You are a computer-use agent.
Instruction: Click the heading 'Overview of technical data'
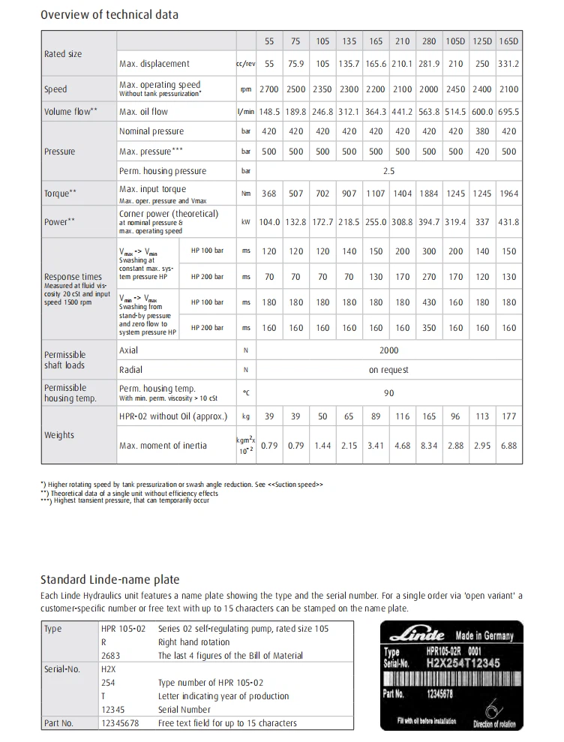pyautogui.click(x=109, y=14)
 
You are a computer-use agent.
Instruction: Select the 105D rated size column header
pyautogui.click(x=455, y=41)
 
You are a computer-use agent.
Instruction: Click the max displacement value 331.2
pyautogui.click(x=508, y=64)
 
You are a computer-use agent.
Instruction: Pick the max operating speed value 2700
pyautogui.click(x=268, y=89)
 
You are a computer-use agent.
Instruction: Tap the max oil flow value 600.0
pyautogui.click(x=482, y=112)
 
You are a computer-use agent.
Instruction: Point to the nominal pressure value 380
pyautogui.click(x=482, y=131)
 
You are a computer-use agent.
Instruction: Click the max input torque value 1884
pyautogui.click(x=429, y=194)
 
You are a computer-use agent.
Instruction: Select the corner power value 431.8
pyautogui.click(x=508, y=222)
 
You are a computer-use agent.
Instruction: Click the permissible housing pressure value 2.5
pyautogui.click(x=388, y=171)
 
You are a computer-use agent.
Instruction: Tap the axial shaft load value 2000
pyautogui.click(x=388, y=350)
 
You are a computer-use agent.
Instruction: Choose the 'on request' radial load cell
pyautogui.click(x=388, y=370)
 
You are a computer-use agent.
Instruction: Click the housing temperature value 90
pyautogui.click(x=388, y=392)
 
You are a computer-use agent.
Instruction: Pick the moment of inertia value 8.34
pyautogui.click(x=429, y=446)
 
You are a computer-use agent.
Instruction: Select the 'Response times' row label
pyautogui.click(x=73, y=277)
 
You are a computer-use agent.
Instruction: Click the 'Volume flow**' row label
pyautogui.click(x=70, y=112)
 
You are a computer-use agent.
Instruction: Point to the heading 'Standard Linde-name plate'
pyautogui.click(x=109, y=579)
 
